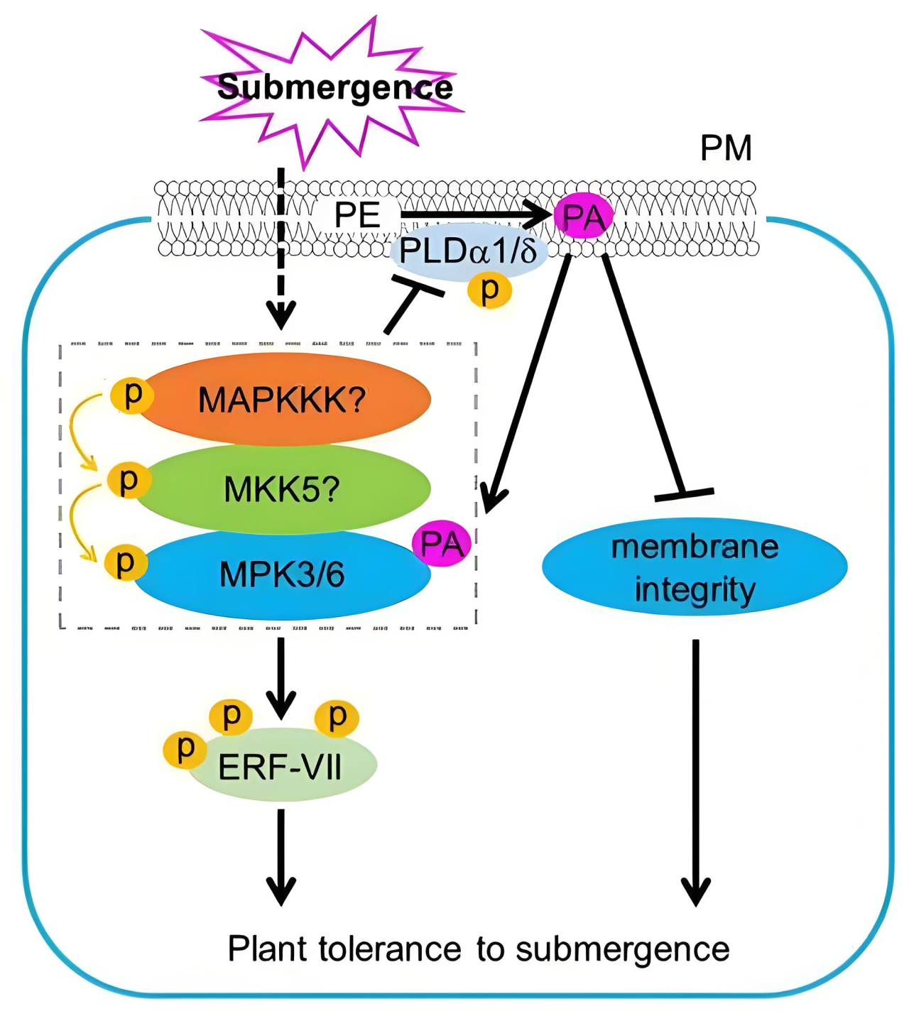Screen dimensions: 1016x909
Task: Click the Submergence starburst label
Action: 334,88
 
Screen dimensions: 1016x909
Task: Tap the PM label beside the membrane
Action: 725,148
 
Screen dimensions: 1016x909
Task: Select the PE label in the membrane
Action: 357,215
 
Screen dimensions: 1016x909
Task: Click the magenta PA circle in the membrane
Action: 583,217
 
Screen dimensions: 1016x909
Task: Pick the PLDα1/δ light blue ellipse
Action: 469,252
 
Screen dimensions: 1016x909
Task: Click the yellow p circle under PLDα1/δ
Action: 490,290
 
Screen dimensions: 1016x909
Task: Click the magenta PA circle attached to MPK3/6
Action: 442,545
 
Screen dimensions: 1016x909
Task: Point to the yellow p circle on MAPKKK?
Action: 133,395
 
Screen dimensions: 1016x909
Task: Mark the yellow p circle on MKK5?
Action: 129,481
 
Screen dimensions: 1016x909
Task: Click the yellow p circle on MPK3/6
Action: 126,562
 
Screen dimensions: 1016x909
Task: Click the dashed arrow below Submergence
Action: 281,248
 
